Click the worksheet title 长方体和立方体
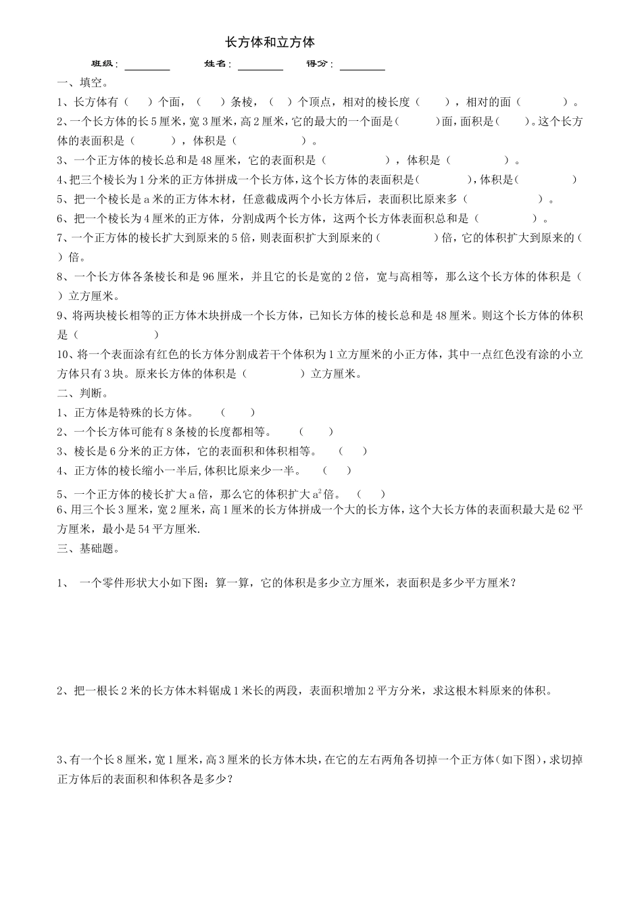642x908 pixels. [270, 43]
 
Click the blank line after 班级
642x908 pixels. [147, 66]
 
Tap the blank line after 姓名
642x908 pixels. [260, 66]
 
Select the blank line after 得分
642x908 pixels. [362, 66]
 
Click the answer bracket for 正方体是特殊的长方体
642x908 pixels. [238, 413]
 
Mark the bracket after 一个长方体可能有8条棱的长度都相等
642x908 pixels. [316, 432]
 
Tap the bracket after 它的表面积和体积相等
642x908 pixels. [353, 451]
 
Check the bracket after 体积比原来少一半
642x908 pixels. [337, 471]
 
